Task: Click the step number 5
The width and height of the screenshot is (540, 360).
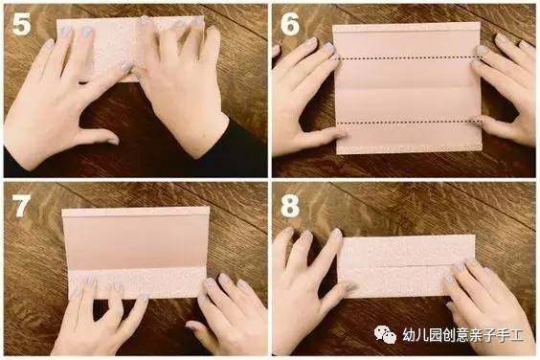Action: (x=20, y=24)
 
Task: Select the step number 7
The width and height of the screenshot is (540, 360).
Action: (x=20, y=203)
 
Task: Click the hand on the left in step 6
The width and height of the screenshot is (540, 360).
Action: (x=302, y=96)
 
